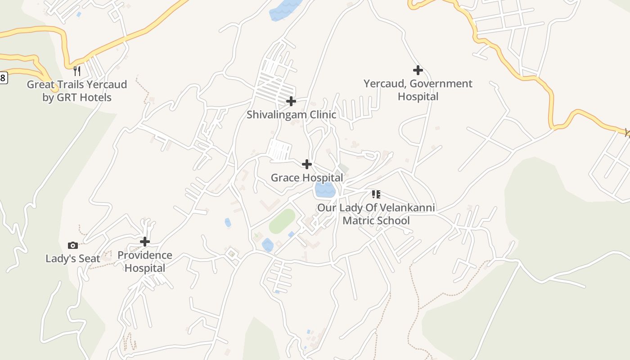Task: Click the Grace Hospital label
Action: [x=307, y=178]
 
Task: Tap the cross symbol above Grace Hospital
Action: [x=307, y=164]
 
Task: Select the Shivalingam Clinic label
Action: [x=291, y=114]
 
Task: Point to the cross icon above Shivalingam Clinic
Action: [x=291, y=101]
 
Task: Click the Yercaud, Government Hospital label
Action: [x=418, y=90]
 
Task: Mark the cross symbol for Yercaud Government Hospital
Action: [x=418, y=70]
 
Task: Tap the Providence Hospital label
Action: [x=144, y=261]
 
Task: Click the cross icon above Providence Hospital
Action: [x=144, y=242]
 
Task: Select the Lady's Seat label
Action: [x=73, y=259]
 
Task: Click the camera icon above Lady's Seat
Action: [x=73, y=245]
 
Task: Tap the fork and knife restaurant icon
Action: [x=77, y=71]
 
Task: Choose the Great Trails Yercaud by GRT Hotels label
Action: [x=77, y=91]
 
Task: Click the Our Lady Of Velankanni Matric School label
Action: [x=376, y=214]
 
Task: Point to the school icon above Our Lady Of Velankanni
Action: [x=376, y=194]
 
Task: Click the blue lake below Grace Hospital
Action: [x=325, y=190]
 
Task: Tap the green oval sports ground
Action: [x=282, y=221]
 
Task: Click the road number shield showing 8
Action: [x=3, y=78]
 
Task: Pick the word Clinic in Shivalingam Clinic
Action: [x=320, y=114]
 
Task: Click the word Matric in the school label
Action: [x=359, y=220]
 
